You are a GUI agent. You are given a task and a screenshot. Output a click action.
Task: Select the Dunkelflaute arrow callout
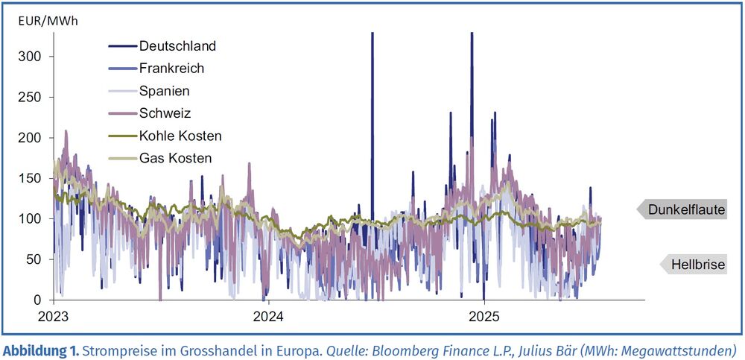click(x=681, y=210)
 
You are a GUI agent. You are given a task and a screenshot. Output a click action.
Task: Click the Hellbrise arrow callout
click(x=691, y=264)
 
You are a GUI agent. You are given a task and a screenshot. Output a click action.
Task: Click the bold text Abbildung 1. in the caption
click(x=41, y=350)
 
